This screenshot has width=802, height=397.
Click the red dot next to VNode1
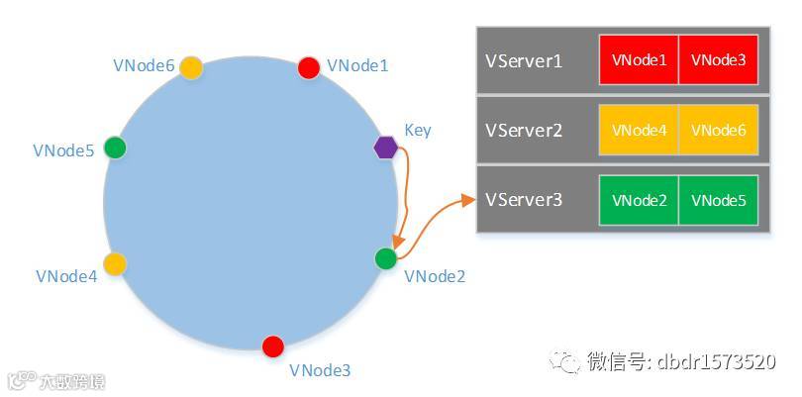tap(309, 67)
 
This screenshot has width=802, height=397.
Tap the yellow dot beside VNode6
tap(191, 67)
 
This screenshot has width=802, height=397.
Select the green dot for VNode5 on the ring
tap(116, 149)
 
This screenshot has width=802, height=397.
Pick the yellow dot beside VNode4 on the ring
tap(115, 263)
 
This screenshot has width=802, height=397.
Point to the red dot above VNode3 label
tap(273, 347)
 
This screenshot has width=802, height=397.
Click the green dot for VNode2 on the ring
tap(386, 258)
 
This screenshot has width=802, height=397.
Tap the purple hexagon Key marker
tap(385, 148)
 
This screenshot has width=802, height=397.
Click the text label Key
tap(418, 130)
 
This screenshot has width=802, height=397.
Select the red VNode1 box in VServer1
tap(639, 60)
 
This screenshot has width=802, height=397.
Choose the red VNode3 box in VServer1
tap(718, 60)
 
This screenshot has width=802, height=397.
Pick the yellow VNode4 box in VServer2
tap(639, 131)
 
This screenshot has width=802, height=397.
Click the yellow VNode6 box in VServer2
tap(718, 131)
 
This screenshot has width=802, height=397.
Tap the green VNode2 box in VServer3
tap(639, 200)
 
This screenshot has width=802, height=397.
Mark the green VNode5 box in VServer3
tap(718, 200)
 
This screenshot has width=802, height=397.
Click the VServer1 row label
tap(524, 61)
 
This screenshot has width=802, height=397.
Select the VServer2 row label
tap(524, 131)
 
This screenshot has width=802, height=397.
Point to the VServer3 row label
tap(524, 200)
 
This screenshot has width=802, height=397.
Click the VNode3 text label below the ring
tap(320, 370)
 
